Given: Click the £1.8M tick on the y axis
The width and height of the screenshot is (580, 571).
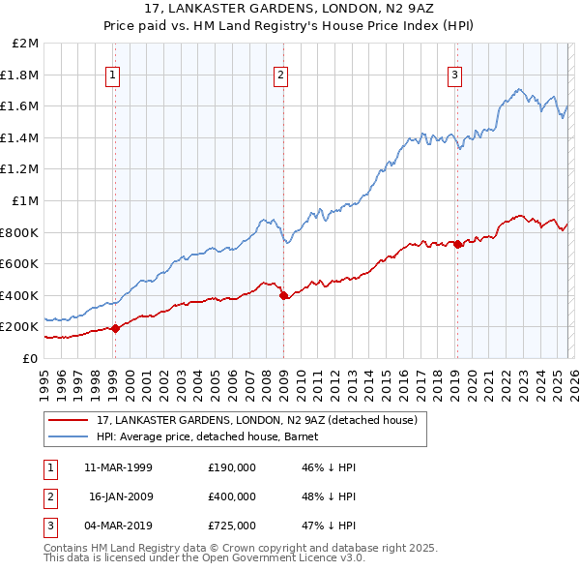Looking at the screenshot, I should pos(21,75).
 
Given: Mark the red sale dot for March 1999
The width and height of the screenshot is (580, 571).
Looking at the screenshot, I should pos(115,328).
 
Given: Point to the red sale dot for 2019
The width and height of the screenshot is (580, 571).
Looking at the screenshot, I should pos(457,244).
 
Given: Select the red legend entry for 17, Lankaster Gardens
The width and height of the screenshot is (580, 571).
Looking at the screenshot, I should pos(256,420).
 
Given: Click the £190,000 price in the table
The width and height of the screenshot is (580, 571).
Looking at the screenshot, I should pos(232,466).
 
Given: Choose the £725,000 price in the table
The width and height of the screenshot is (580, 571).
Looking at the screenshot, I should pos(232,526).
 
